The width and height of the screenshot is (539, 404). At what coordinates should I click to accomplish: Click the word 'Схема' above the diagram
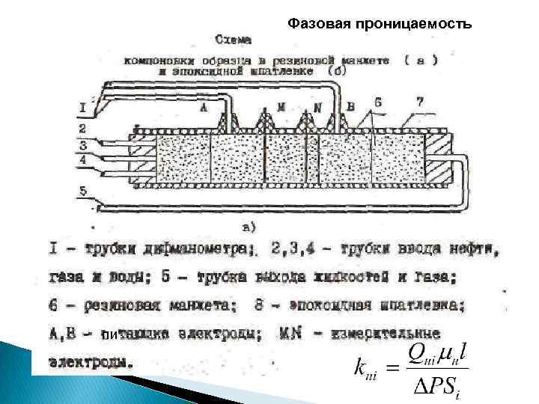coord(233,40)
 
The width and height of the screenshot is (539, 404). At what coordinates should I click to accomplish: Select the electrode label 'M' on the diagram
coord(281,108)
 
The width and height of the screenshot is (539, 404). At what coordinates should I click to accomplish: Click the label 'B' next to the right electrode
coord(350,107)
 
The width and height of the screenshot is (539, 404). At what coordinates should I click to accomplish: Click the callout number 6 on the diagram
coord(378,102)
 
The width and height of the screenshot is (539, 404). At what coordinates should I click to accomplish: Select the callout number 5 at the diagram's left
coord(84,191)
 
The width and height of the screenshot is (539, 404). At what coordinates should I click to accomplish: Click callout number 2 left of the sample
coord(84,129)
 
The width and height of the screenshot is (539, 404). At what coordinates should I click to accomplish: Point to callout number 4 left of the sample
coord(84,160)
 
